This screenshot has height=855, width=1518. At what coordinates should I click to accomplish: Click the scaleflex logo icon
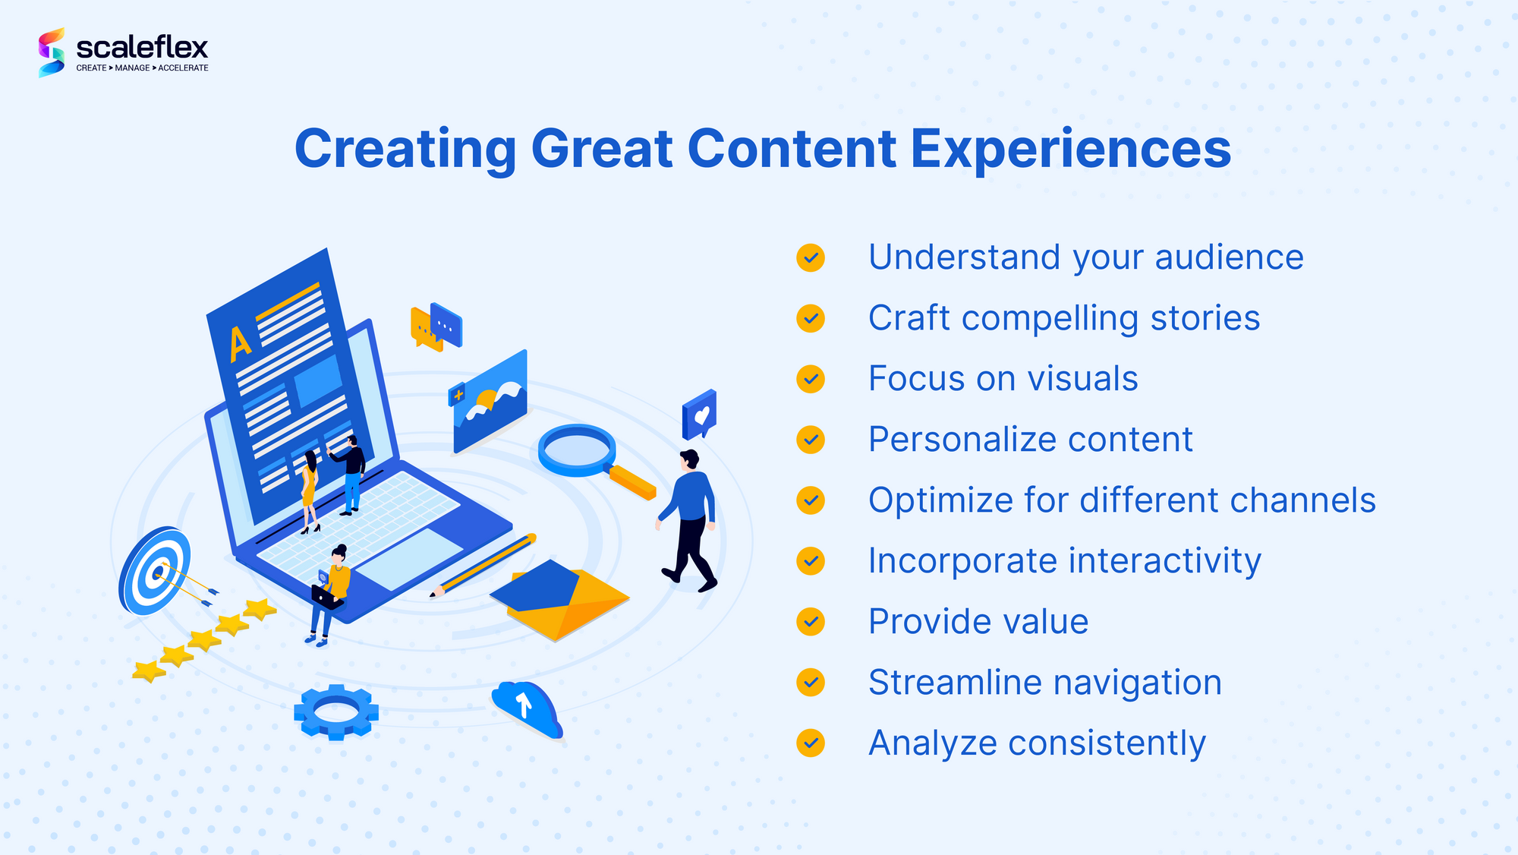(x=52, y=52)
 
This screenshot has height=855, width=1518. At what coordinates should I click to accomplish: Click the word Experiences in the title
(x=1070, y=150)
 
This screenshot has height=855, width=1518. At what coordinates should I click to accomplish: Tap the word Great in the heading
(x=602, y=149)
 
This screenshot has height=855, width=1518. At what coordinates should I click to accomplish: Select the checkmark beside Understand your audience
(x=811, y=257)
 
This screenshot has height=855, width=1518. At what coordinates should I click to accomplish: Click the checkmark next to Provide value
(x=811, y=622)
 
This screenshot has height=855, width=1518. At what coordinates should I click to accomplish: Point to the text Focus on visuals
(x=1003, y=378)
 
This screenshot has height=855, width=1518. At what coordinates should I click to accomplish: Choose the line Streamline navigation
(x=1044, y=683)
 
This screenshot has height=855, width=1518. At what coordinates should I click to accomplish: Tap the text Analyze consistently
(x=1037, y=743)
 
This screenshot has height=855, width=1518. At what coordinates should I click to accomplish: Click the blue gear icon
(x=336, y=711)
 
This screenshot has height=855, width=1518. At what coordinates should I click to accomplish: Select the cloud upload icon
(x=528, y=708)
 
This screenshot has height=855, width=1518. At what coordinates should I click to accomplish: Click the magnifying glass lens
(x=577, y=450)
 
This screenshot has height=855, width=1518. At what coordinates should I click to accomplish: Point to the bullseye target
(x=155, y=571)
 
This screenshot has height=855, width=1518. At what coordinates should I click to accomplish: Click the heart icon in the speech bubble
(x=702, y=415)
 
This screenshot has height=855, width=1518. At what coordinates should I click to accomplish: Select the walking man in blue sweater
(x=688, y=520)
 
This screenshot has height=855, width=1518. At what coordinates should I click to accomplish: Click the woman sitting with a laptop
(x=329, y=595)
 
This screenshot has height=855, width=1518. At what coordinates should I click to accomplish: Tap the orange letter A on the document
(x=239, y=344)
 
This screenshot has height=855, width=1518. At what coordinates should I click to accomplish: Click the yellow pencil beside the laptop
(x=483, y=566)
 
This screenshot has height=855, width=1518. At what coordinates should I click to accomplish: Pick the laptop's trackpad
(x=409, y=559)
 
